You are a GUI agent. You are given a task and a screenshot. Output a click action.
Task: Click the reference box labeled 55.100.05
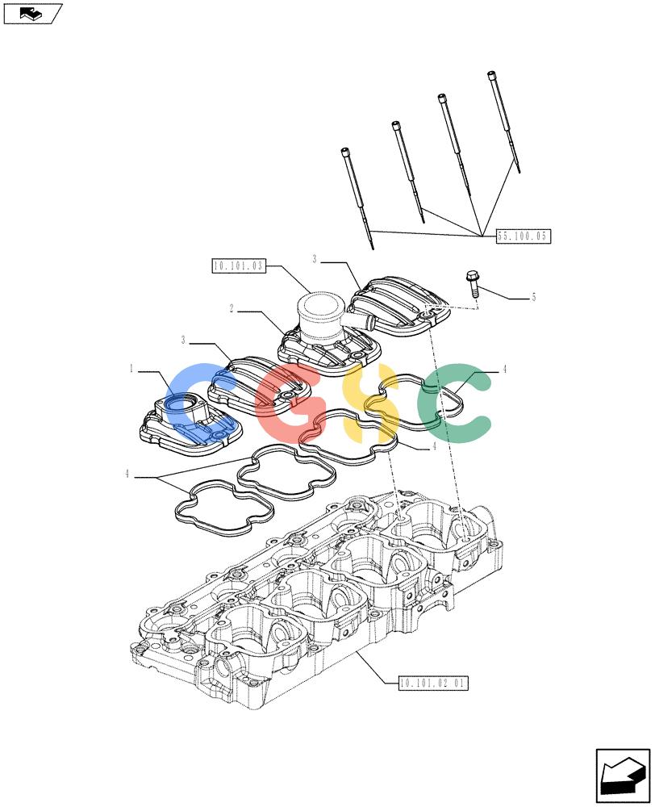523,236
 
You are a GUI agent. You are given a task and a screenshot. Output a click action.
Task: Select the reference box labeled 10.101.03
239,266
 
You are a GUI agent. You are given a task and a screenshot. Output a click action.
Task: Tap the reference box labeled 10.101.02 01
434,683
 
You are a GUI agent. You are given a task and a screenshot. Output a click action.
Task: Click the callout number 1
131,369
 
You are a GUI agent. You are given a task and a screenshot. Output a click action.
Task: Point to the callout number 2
232,308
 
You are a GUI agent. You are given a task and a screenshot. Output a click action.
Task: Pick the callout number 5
533,297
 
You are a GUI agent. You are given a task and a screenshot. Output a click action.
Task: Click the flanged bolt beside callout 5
473,284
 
